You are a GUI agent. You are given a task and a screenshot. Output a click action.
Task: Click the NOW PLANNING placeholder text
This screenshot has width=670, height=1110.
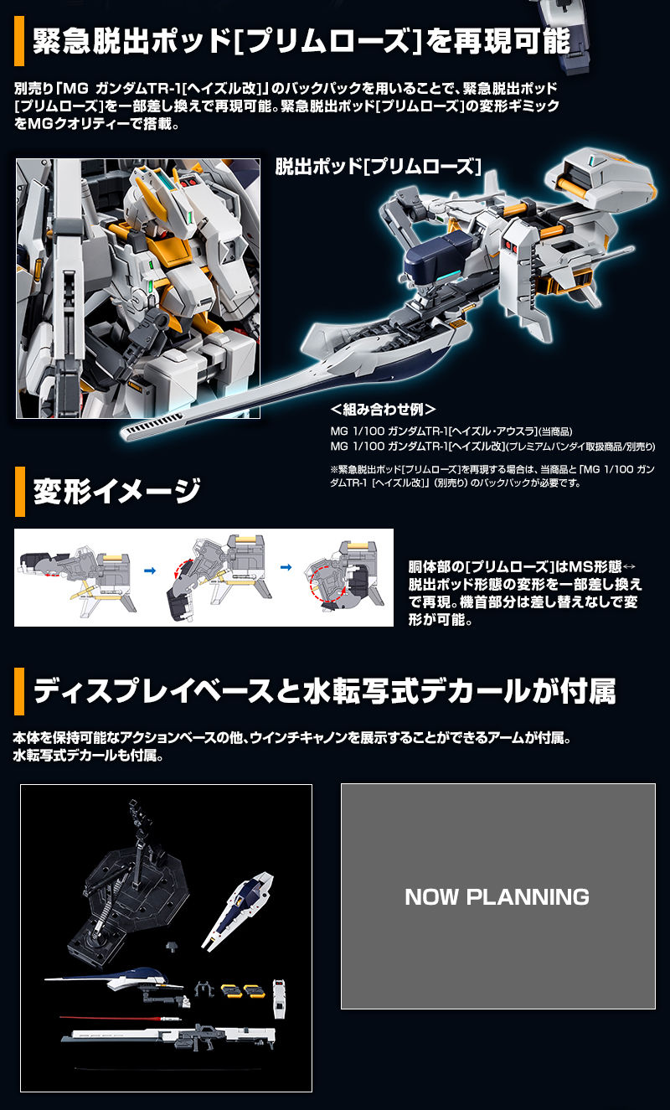(x=497, y=897)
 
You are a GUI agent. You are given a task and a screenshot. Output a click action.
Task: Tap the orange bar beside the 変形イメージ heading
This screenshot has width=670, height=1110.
(x=19, y=493)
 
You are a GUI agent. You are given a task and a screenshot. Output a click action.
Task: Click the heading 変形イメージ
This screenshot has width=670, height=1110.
(x=116, y=492)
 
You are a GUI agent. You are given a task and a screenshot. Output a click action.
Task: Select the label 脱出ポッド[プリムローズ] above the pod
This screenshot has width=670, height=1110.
(x=379, y=166)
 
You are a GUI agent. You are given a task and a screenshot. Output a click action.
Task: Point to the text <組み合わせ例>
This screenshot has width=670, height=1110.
(x=383, y=410)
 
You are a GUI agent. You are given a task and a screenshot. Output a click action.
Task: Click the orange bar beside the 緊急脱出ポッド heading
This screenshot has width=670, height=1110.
(x=19, y=42)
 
